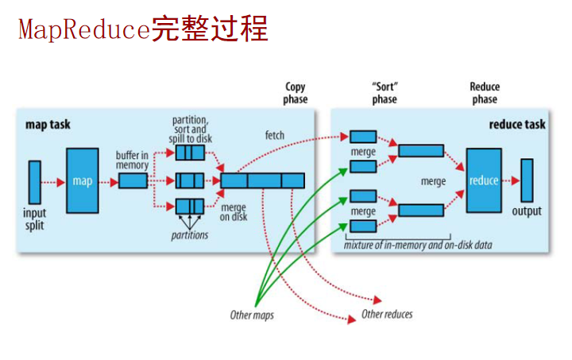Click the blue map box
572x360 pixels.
pyautogui.click(x=82, y=180)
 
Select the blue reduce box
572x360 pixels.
pyautogui.click(x=483, y=180)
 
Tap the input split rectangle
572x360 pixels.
pyautogui.click(x=34, y=181)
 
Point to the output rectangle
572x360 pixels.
pyautogui.click(x=527, y=180)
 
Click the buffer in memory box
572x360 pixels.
pyautogui.click(x=133, y=181)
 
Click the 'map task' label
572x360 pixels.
pyautogui.click(x=48, y=125)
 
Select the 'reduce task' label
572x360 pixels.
pyautogui.click(x=516, y=125)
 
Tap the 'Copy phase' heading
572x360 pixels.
pyautogui.click(x=296, y=93)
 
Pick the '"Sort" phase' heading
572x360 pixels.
pyautogui.click(x=385, y=93)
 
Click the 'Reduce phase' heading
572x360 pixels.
pyautogui.click(x=485, y=93)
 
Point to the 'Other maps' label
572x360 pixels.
pyautogui.click(x=252, y=315)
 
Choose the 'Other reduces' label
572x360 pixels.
pyautogui.click(x=387, y=314)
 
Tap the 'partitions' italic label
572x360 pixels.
pyautogui.click(x=190, y=235)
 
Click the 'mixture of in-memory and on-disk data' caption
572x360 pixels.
pyautogui.click(x=418, y=245)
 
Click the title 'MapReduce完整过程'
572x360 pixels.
pyautogui.click(x=143, y=29)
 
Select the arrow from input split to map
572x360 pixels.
pyautogui.click(x=53, y=181)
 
